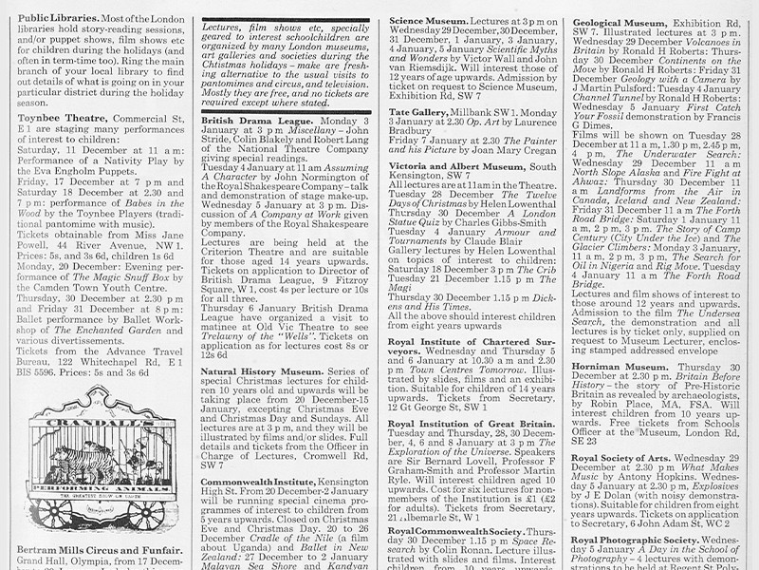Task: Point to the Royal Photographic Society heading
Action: tap(645, 540)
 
